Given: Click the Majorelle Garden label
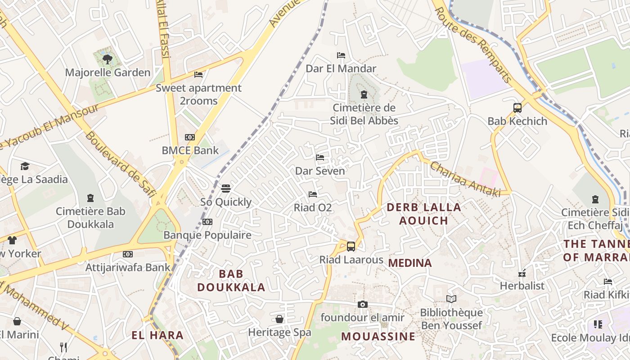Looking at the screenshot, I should pyautogui.click(x=108, y=72).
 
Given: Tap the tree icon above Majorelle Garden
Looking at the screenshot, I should pyautogui.click(x=107, y=59).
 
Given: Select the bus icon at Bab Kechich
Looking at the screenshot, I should pyautogui.click(x=517, y=108).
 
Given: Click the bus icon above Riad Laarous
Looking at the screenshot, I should pyautogui.click(x=351, y=247).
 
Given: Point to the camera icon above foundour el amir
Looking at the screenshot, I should pyautogui.click(x=362, y=305).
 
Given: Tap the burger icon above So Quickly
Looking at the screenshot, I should pyautogui.click(x=226, y=189).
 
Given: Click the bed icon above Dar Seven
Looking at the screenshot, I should pyautogui.click(x=320, y=157).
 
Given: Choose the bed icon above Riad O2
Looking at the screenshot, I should pyautogui.click(x=313, y=194).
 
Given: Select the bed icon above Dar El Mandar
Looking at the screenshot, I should pyautogui.click(x=341, y=55).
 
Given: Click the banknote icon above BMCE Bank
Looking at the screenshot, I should pyautogui.click(x=190, y=137).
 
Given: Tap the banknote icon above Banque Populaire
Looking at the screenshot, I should pyautogui.click(x=207, y=222).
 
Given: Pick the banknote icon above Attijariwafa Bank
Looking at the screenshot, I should pyautogui.click(x=128, y=254).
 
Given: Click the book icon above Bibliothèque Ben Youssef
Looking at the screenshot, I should pyautogui.click(x=451, y=299).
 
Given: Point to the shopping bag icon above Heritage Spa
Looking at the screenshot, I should pyautogui.click(x=279, y=319).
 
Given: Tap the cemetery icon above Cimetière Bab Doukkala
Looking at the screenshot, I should pyautogui.click(x=90, y=198).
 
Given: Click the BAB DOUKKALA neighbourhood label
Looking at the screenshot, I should pyautogui.click(x=231, y=280).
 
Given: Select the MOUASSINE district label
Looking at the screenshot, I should pyautogui.click(x=378, y=336).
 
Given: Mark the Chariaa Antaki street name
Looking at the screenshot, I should pyautogui.click(x=465, y=179).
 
